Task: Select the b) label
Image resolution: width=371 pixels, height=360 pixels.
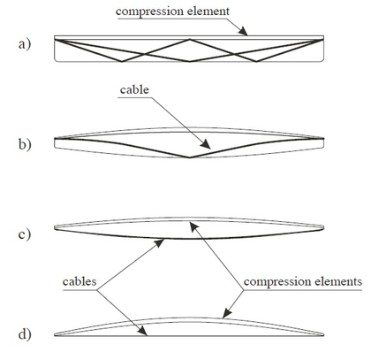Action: pos(24,143)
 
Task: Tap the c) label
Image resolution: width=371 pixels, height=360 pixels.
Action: pos(24,234)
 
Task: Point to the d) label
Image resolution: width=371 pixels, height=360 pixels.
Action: pos(24,334)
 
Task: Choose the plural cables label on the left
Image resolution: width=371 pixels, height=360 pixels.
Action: pos(80,282)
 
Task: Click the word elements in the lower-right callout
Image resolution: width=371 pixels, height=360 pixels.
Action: pos(338,282)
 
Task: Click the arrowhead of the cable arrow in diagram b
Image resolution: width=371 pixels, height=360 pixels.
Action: pos(208,147)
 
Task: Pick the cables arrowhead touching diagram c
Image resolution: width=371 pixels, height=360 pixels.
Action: pos(163,238)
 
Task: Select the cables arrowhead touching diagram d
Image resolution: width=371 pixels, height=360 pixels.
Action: pos(145,332)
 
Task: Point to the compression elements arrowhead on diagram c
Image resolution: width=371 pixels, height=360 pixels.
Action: pos(194,225)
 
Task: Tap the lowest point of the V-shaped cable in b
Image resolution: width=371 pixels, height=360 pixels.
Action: pos(189,158)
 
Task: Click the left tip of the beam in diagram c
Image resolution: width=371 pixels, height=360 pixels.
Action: pos(55,228)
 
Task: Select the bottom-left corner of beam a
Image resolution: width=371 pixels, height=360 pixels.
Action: pos(56,61)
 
